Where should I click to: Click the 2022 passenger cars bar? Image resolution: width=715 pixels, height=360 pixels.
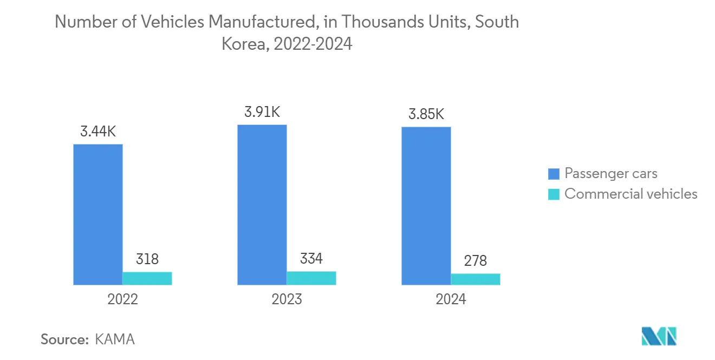(98, 214)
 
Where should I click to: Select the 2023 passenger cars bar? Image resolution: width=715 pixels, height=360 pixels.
(262, 205)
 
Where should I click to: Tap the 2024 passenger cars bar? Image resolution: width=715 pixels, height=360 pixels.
(426, 206)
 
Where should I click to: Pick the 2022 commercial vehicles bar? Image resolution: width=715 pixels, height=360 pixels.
(147, 278)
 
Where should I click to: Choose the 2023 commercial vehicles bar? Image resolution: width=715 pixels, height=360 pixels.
(311, 278)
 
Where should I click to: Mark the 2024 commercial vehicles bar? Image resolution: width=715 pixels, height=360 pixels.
(476, 279)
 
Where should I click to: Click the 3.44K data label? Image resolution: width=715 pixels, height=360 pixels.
(98, 132)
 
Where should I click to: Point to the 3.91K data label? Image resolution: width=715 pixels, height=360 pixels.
(262, 112)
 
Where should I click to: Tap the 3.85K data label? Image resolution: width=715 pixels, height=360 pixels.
(426, 115)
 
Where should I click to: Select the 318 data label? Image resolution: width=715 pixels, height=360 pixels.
(147, 259)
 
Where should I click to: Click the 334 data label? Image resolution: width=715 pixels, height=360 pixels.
(311, 259)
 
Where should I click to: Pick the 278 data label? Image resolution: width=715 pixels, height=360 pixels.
(476, 261)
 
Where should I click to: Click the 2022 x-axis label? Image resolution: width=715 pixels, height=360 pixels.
(123, 299)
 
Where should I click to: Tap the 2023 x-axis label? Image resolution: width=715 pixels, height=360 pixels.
(287, 299)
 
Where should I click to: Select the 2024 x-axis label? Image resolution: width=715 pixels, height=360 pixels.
(451, 299)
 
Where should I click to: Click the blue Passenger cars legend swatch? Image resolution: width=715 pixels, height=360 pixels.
(554, 174)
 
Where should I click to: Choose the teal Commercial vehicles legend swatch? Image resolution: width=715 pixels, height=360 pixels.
(554, 194)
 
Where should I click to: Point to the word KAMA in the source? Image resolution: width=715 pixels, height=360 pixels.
(114, 339)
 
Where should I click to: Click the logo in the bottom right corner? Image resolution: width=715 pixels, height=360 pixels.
(659, 336)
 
